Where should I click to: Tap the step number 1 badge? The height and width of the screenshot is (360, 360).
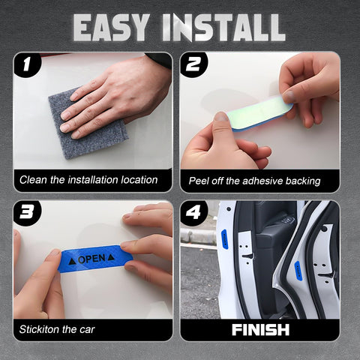pyautogui.click(x=28, y=65)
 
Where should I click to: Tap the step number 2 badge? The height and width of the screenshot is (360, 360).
pyautogui.click(x=193, y=65)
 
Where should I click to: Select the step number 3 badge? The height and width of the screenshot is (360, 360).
pyautogui.click(x=28, y=213)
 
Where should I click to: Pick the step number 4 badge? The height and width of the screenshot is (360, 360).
pyautogui.click(x=193, y=213)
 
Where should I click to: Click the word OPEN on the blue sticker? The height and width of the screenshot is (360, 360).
pyautogui.click(x=91, y=259)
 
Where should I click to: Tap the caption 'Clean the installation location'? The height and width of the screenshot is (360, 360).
pyautogui.click(x=88, y=180)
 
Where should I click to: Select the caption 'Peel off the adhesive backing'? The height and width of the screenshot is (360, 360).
pyautogui.click(x=255, y=181)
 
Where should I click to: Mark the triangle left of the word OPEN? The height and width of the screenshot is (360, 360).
pyautogui.click(x=71, y=262)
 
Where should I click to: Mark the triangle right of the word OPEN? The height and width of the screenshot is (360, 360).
pyautogui.click(x=111, y=256)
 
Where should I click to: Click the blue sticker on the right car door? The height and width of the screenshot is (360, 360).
pyautogui.click(x=298, y=269)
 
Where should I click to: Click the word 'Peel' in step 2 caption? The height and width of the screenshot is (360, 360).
pyautogui.click(x=199, y=181)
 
